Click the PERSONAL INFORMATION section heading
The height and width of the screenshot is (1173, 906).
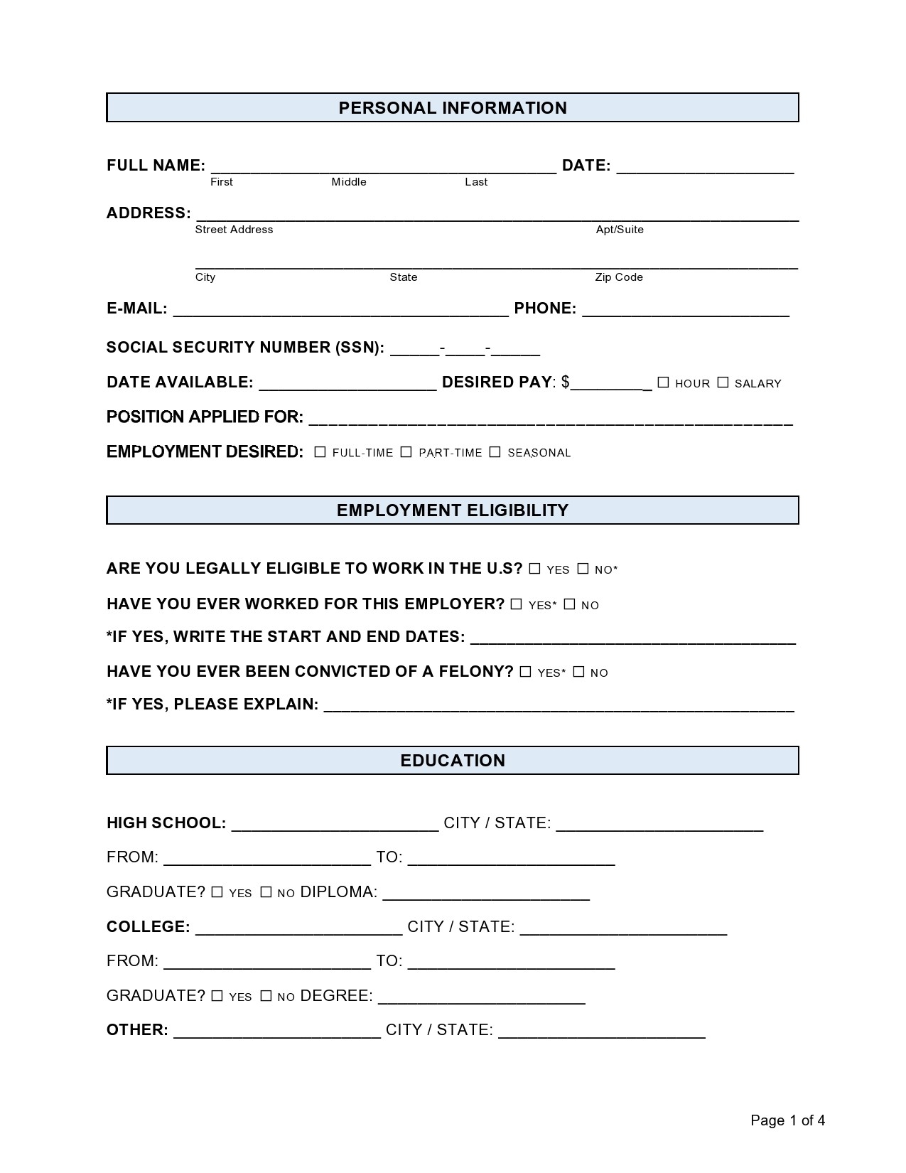click(453, 108)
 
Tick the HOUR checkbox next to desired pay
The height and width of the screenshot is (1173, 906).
click(663, 382)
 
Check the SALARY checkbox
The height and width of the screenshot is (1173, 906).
click(723, 382)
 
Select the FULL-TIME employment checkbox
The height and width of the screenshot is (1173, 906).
click(320, 452)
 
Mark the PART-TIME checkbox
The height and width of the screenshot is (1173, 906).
click(406, 452)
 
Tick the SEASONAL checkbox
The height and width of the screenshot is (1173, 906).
click(495, 452)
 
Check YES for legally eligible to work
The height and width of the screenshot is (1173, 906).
click(534, 569)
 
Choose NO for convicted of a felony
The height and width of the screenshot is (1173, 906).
click(578, 672)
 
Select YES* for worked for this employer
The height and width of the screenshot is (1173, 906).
click(516, 604)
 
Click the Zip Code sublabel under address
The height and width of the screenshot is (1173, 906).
click(619, 277)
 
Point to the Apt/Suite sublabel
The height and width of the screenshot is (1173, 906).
click(620, 230)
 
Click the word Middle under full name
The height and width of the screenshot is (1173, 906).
click(349, 182)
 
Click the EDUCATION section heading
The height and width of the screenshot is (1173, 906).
click(453, 761)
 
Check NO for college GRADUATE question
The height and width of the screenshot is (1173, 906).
click(266, 996)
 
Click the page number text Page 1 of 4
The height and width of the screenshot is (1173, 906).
click(787, 1121)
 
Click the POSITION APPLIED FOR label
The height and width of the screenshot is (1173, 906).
click(205, 417)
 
